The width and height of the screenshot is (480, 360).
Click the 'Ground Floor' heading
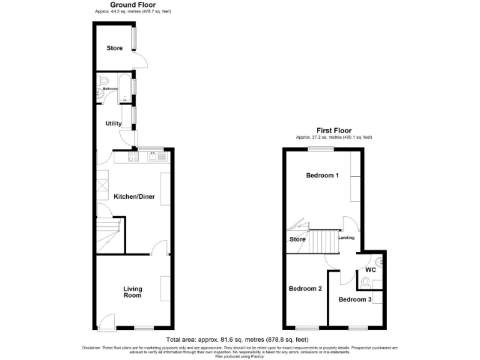(x=133, y=5)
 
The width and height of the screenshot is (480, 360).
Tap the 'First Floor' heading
(x=334, y=131)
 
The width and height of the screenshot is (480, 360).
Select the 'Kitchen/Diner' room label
(x=134, y=197)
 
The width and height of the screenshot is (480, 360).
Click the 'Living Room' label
(x=132, y=292)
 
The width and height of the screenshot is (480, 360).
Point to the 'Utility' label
(x=113, y=124)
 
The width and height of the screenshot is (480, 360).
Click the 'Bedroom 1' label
(x=322, y=176)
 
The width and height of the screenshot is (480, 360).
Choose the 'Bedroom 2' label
(x=305, y=289)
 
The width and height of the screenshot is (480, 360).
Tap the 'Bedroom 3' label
(x=355, y=299)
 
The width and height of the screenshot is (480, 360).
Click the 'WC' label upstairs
(x=370, y=270)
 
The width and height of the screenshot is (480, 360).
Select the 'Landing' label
(x=346, y=237)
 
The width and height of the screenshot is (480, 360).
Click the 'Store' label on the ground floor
(x=114, y=47)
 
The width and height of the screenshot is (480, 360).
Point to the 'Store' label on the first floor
(x=297, y=239)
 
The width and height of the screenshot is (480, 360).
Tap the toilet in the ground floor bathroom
(x=104, y=81)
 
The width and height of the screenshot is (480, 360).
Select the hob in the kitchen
(x=133, y=157)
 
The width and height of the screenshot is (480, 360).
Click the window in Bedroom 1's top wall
(x=319, y=149)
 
